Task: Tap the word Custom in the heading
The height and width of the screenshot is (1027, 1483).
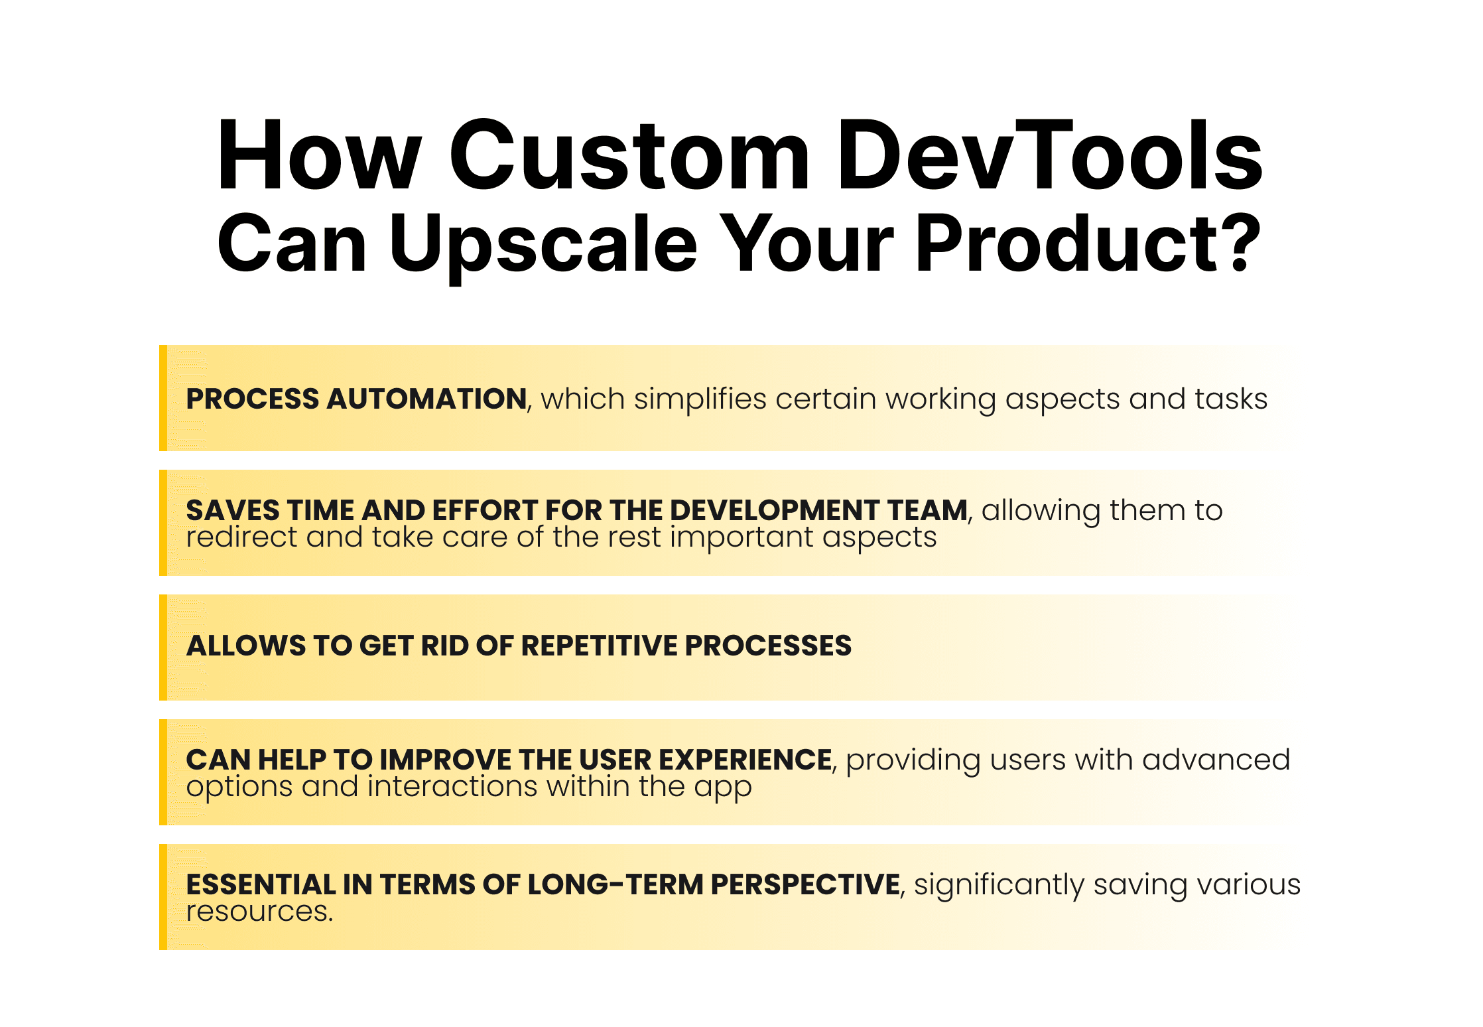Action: (x=629, y=155)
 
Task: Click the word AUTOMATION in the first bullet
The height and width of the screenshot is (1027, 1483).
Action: (x=427, y=399)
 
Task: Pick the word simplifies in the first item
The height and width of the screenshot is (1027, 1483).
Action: (x=700, y=399)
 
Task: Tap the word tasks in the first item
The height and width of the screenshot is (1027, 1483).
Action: (x=1231, y=399)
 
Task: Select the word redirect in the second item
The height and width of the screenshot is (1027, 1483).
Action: (x=241, y=537)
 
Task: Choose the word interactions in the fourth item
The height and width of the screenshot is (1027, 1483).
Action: (x=453, y=786)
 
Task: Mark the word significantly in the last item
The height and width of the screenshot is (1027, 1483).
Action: (x=999, y=886)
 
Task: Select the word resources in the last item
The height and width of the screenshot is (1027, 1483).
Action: (x=257, y=912)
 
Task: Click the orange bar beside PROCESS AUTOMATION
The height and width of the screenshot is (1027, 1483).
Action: (x=163, y=398)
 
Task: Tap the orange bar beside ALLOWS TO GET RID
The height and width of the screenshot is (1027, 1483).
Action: (x=163, y=648)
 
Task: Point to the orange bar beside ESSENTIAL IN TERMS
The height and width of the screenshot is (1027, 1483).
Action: (x=163, y=897)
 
